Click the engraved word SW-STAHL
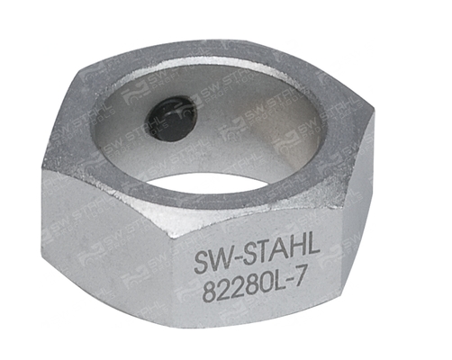click(257, 256)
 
